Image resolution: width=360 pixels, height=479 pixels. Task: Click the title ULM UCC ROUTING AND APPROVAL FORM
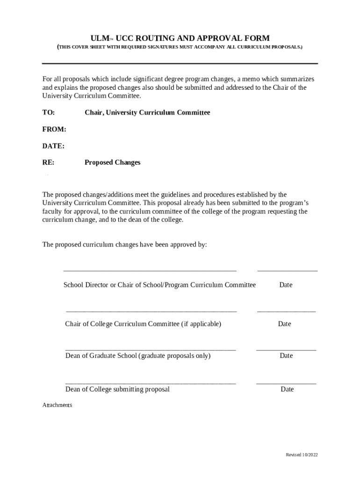[x=180, y=38]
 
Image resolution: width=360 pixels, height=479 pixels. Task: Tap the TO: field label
[x=49, y=113]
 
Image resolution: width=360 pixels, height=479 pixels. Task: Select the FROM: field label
[x=54, y=129]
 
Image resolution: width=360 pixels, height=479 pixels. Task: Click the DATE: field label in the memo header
[x=53, y=146]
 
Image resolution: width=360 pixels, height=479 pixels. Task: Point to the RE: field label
[x=48, y=163]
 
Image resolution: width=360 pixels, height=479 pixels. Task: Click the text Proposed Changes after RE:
[x=112, y=163]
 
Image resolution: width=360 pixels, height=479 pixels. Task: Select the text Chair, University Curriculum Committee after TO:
[x=147, y=113]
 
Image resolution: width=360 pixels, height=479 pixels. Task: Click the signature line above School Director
[x=150, y=270]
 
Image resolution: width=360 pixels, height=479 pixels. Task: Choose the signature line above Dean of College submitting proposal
[x=151, y=384]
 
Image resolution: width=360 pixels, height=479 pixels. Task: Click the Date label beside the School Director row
[x=286, y=285]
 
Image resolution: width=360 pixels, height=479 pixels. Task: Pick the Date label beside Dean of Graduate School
[x=286, y=356]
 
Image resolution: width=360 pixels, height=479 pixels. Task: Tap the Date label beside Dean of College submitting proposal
[x=287, y=389]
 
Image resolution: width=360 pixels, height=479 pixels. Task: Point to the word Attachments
[x=57, y=405]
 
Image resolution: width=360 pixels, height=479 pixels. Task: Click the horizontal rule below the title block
[x=180, y=64]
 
